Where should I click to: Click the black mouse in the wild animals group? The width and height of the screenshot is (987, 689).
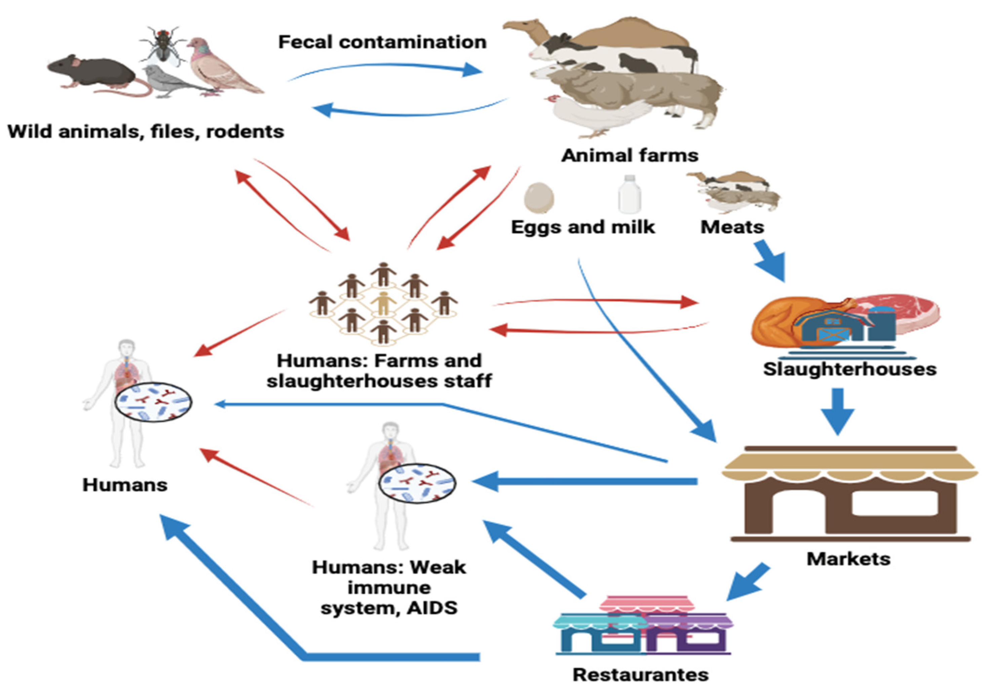92,71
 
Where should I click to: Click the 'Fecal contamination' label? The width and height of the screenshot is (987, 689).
382,42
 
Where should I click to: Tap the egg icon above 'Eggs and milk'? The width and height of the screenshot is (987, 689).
539,198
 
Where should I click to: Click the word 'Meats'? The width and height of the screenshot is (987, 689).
732,227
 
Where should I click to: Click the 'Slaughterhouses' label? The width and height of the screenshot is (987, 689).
849,369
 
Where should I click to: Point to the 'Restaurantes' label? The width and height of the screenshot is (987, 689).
641,675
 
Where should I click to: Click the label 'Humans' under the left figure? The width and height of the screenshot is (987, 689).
125,485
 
